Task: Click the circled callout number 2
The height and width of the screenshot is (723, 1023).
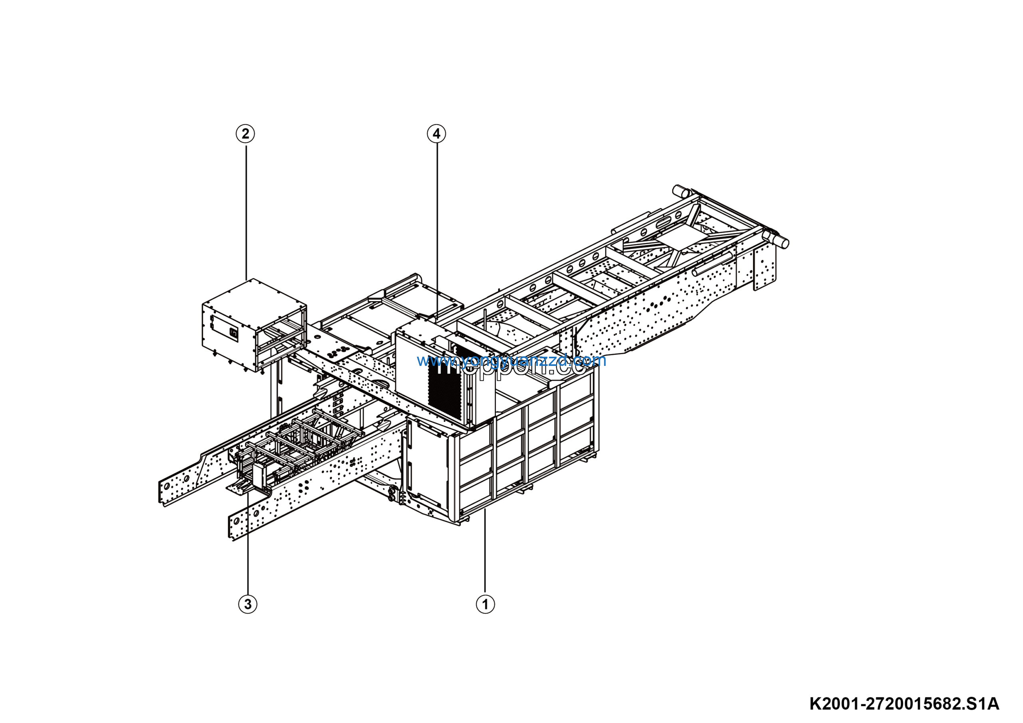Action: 245,134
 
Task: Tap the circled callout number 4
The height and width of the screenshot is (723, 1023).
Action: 436,134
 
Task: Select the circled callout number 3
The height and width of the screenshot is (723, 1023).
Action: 248,604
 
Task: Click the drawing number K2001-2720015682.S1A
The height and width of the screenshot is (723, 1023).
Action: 904,704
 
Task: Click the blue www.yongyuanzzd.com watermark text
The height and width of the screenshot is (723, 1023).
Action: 511,360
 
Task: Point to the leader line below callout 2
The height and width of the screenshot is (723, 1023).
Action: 246,210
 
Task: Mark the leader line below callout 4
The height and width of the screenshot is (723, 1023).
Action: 437,223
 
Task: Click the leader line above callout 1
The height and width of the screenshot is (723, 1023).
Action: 485,553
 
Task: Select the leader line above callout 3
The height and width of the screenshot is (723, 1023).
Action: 248,548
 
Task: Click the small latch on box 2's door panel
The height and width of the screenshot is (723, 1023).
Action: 233,333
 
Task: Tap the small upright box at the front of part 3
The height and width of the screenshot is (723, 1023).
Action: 259,476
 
